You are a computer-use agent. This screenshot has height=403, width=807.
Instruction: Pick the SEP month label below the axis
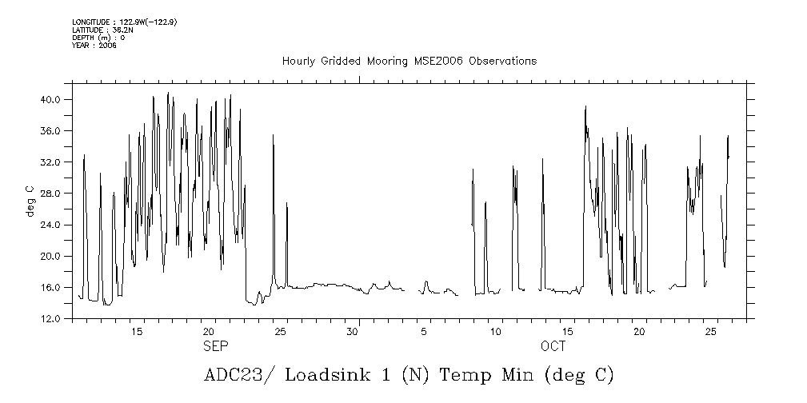[216, 346]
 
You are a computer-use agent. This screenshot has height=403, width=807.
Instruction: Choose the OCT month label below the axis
[553, 346]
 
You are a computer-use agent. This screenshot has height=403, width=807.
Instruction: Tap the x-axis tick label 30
[352, 331]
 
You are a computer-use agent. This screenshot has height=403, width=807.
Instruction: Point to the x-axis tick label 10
[496, 331]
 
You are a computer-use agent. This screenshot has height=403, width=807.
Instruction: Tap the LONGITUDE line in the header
[124, 22]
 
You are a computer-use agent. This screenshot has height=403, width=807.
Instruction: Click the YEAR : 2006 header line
[94, 46]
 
